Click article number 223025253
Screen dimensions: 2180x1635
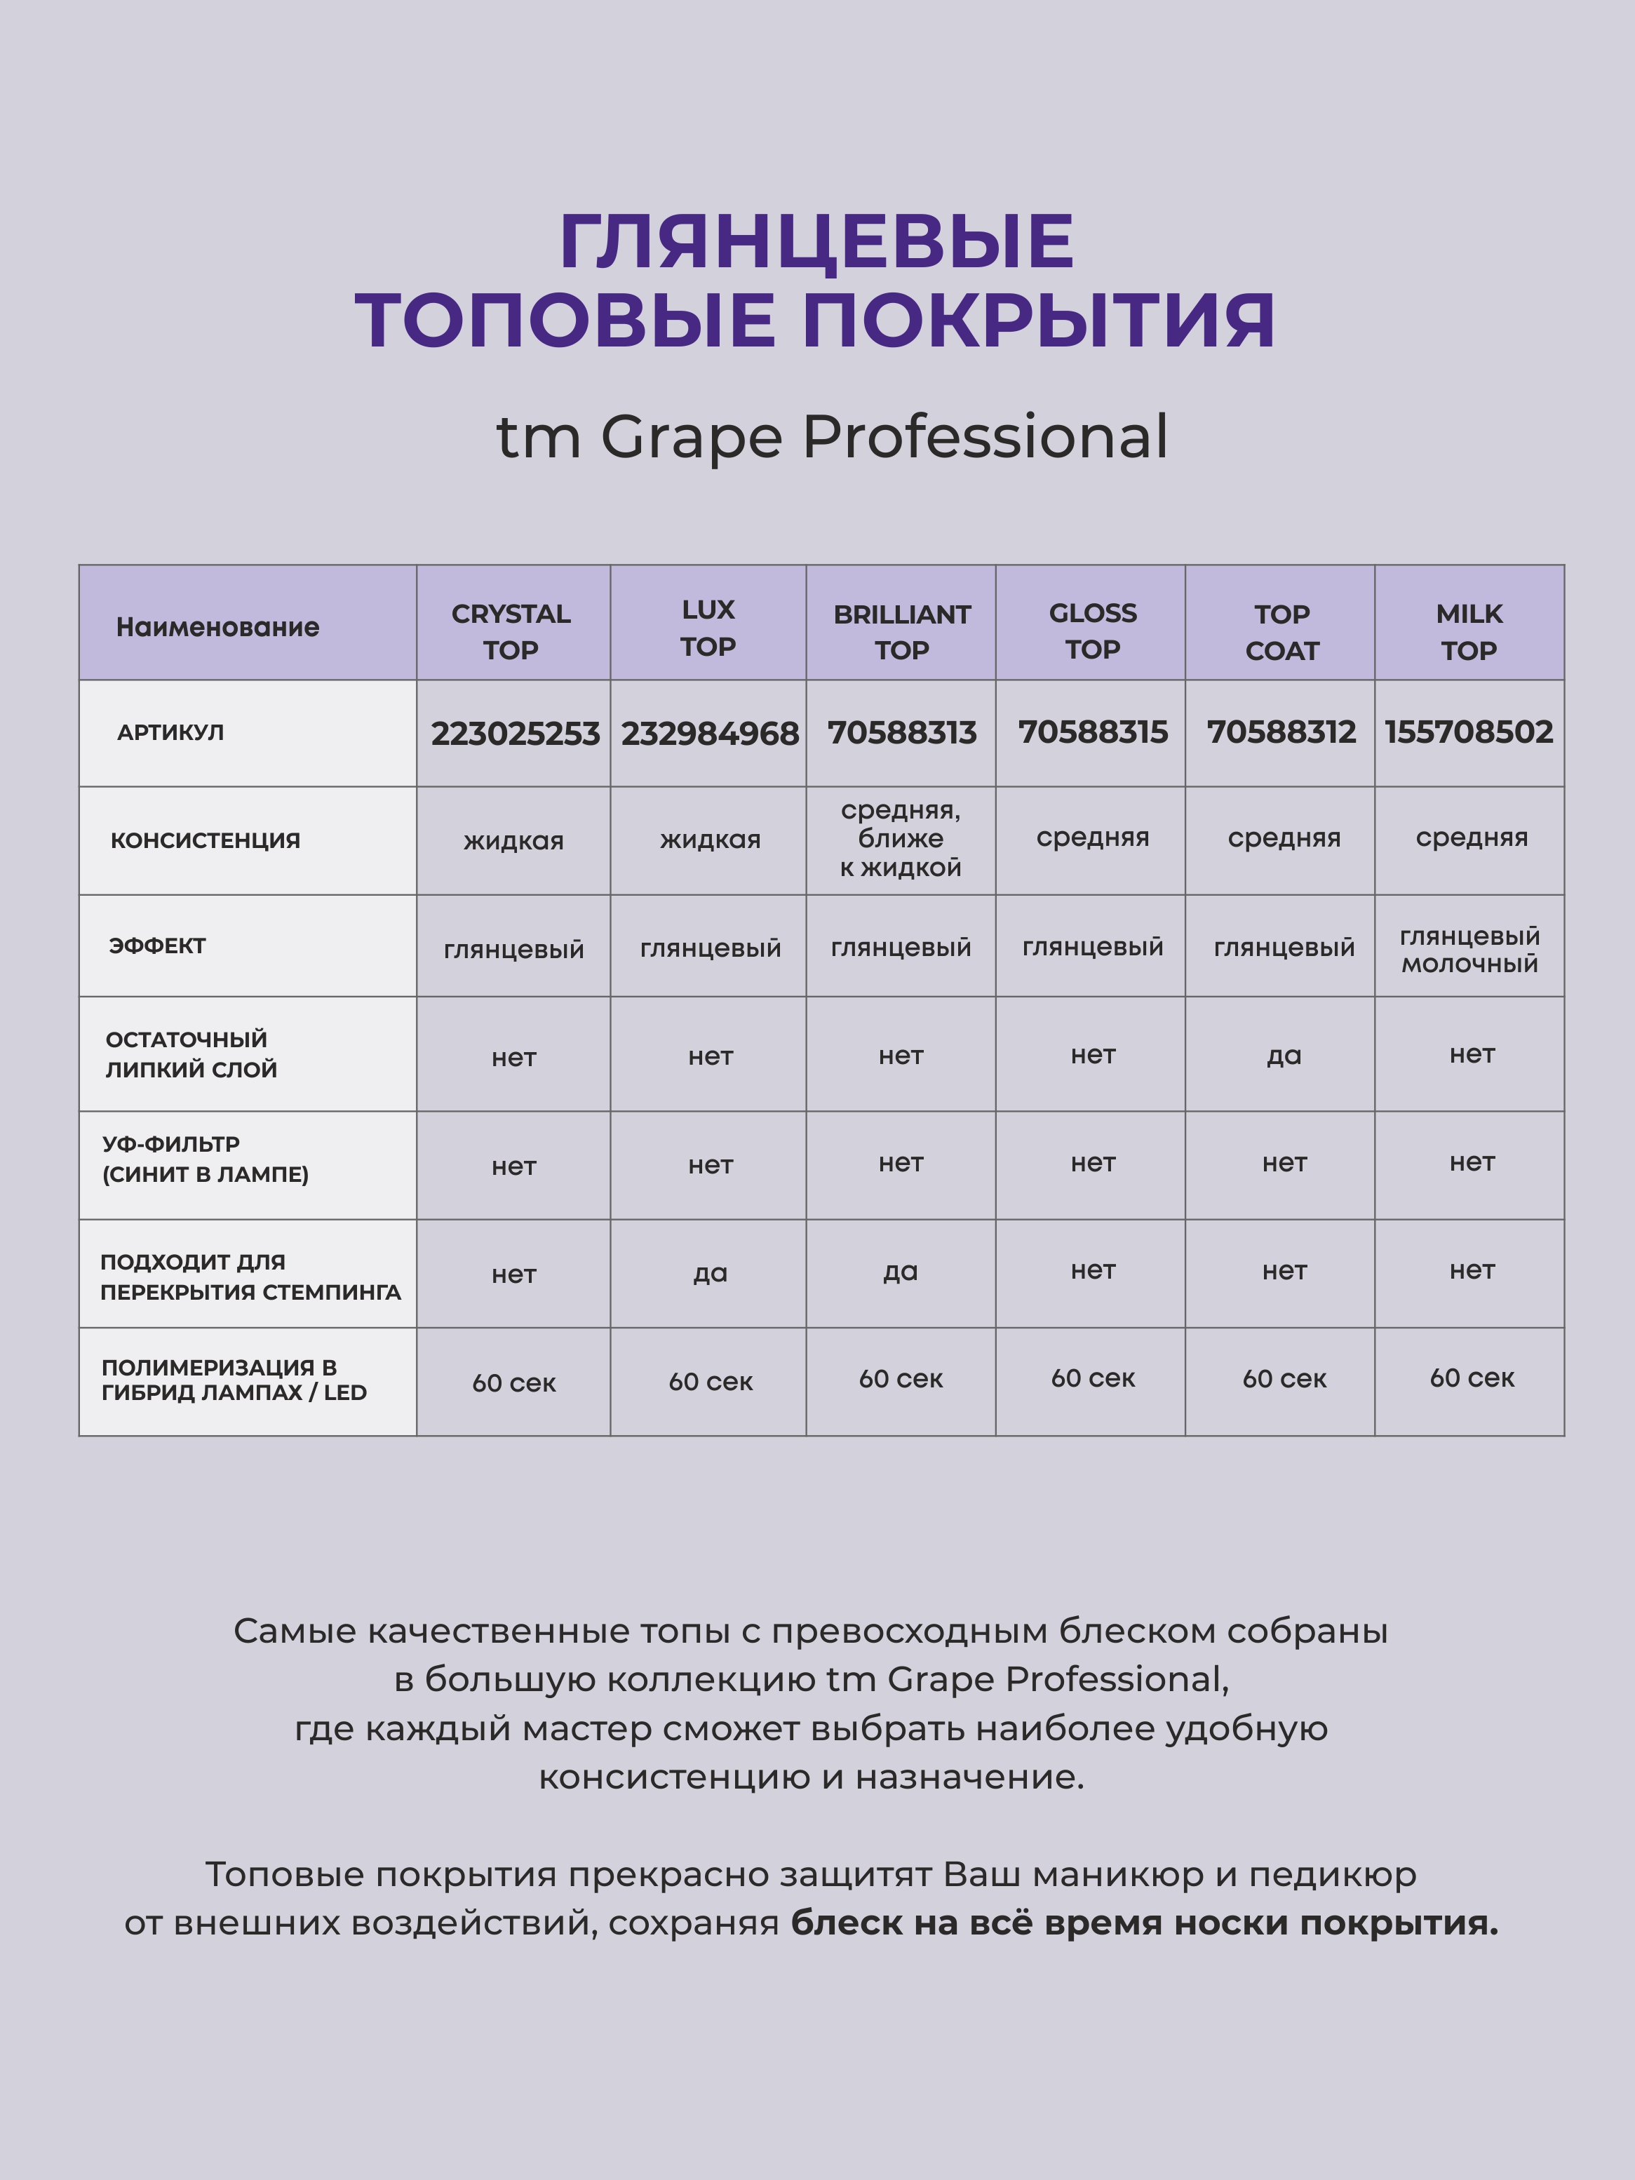coord(514,733)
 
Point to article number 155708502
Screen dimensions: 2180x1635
coord(1469,732)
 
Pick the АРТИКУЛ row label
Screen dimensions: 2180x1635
coord(170,732)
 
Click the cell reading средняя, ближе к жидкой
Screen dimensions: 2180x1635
coord(900,839)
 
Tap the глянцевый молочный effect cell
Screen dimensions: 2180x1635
coord(1469,949)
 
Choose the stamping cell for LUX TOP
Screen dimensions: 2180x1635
coord(710,1273)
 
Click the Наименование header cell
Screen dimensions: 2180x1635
coord(218,627)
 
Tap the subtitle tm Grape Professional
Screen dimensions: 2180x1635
coord(832,436)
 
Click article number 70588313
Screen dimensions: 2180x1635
coord(902,732)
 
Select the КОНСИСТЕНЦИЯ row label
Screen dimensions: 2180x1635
coord(205,841)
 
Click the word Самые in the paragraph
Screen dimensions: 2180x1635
coord(295,1631)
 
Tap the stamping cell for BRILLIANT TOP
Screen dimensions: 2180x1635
coord(900,1272)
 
